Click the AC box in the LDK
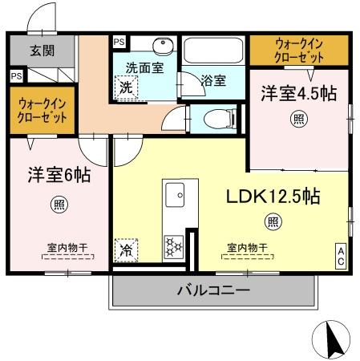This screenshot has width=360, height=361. point(340,257)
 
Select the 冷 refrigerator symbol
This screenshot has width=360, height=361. point(127,250)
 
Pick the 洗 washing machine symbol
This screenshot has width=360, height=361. point(126,87)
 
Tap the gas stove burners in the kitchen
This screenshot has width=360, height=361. point(173,245)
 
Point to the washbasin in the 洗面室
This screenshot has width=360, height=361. point(161,46)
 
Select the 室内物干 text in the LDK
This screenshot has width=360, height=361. point(245,247)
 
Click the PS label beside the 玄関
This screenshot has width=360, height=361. point(16,77)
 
